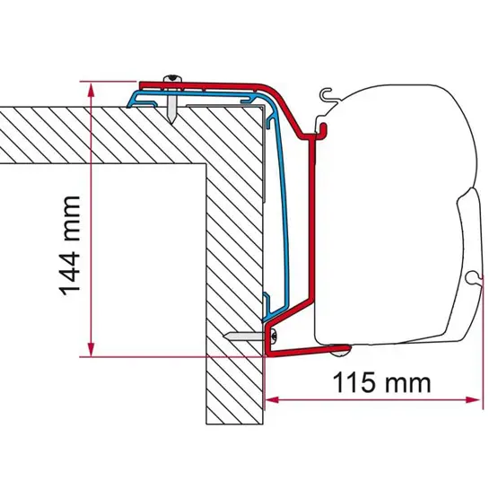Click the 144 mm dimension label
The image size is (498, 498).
[x=70, y=246]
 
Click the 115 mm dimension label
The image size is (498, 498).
[x=381, y=383]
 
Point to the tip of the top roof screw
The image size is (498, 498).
[x=171, y=123]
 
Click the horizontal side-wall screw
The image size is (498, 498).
[x=248, y=336]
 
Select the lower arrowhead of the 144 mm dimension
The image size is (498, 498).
[x=92, y=348]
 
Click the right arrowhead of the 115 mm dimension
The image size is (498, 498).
[x=473, y=399]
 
